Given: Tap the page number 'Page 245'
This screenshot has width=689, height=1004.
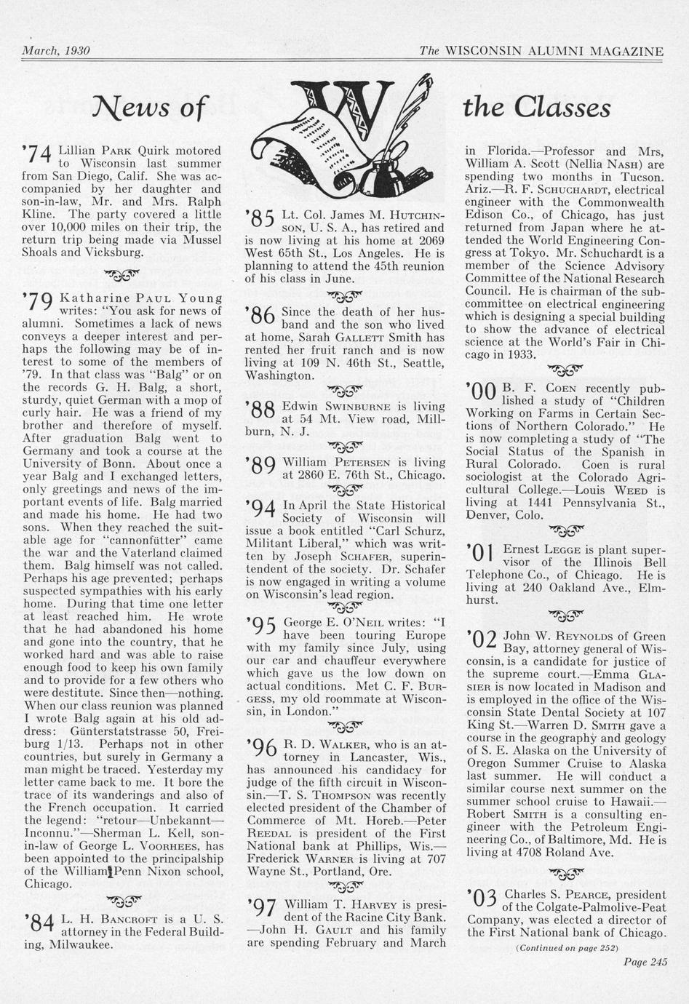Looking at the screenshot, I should (645, 961).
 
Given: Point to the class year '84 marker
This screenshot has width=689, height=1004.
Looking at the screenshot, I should (39, 924).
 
